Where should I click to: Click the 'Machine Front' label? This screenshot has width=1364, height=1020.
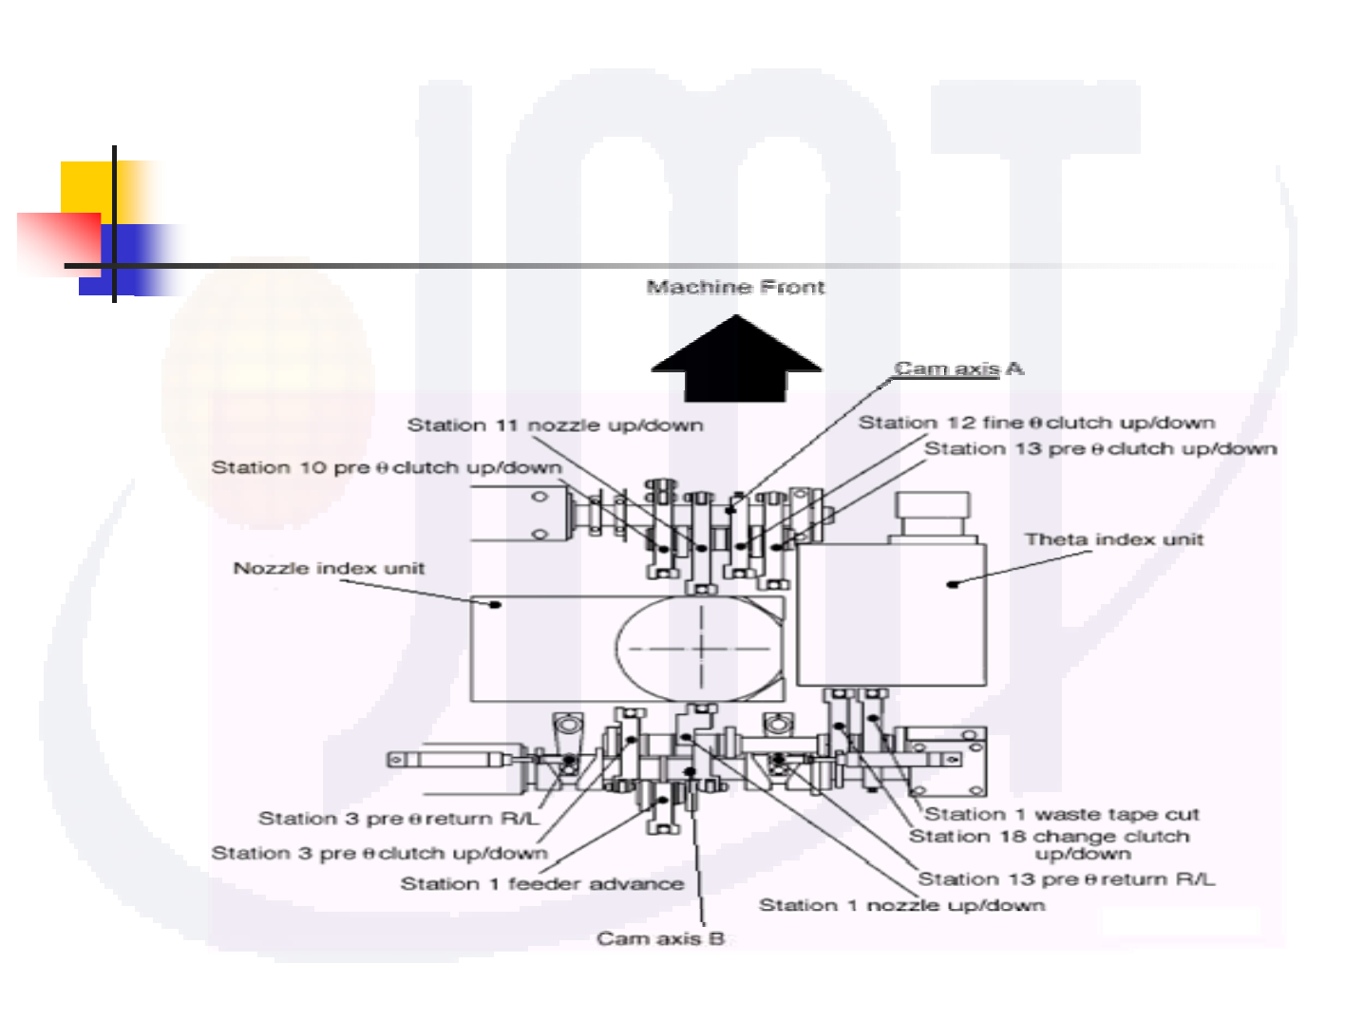[x=735, y=287]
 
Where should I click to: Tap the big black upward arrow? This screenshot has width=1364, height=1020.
[x=736, y=363]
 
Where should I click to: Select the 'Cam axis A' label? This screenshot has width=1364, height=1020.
[x=958, y=368]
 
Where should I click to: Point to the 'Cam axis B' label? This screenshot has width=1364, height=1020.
[x=660, y=938]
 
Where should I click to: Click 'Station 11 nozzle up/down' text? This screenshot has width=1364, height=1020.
[x=555, y=425]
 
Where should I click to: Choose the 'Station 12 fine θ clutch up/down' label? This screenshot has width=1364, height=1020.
[x=1036, y=423]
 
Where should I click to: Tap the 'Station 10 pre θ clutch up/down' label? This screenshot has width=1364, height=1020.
[x=387, y=467]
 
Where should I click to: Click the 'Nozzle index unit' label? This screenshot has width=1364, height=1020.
[x=329, y=568]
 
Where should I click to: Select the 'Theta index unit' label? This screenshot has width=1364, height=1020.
[x=1113, y=539]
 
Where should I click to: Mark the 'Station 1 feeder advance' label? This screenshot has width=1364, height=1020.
[x=541, y=883]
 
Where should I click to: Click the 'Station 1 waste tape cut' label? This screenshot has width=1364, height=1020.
[x=1062, y=814]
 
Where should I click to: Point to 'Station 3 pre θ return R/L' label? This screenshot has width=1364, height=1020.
[x=398, y=819]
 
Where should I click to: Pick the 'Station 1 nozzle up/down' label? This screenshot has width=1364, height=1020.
[x=901, y=905]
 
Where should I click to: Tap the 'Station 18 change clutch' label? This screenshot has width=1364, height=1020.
[x=1050, y=837]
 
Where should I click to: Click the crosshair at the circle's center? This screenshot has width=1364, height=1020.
[x=701, y=649]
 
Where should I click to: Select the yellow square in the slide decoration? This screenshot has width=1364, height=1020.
[x=88, y=187]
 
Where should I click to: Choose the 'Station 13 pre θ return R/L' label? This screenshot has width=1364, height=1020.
[x=1066, y=879]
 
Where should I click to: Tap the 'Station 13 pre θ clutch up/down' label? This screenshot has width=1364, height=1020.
[x=1100, y=448]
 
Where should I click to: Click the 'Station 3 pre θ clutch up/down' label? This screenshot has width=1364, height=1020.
[x=379, y=853]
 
